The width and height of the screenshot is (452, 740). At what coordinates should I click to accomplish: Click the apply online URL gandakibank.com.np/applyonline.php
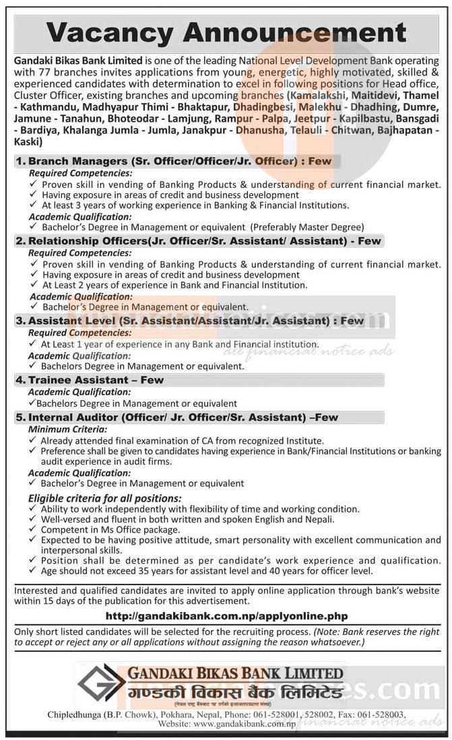[x=227, y=615]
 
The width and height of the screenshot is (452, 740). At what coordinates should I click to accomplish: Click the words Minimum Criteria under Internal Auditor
[x=61, y=429]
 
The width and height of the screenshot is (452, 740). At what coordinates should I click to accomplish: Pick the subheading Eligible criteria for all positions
[x=105, y=498]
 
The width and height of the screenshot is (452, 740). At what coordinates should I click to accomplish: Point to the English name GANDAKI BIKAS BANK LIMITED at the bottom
[x=234, y=673]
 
